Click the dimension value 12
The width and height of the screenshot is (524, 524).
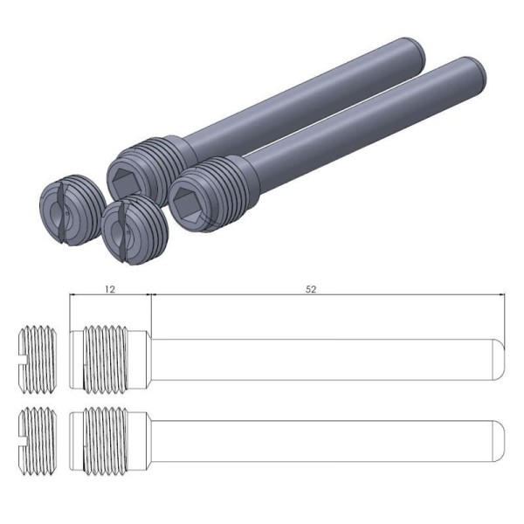click(108, 286)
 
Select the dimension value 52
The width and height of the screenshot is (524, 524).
click(312, 286)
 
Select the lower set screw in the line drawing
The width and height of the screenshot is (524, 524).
click(38, 433)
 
